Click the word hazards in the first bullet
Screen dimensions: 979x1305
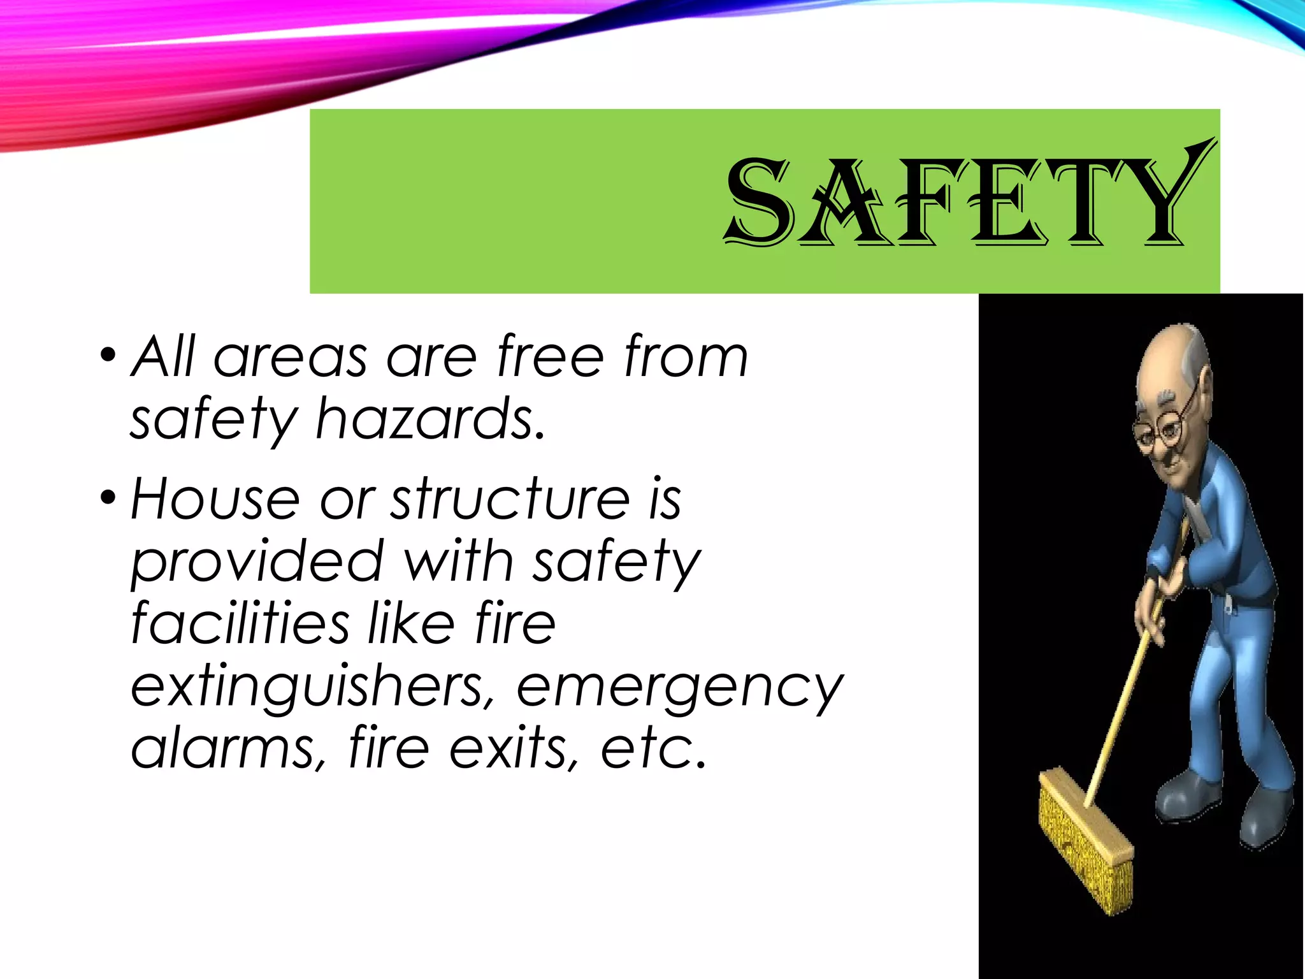coord(431,419)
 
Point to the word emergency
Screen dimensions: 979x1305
coord(679,688)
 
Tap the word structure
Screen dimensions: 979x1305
coord(510,499)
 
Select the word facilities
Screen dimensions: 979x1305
coord(240,623)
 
